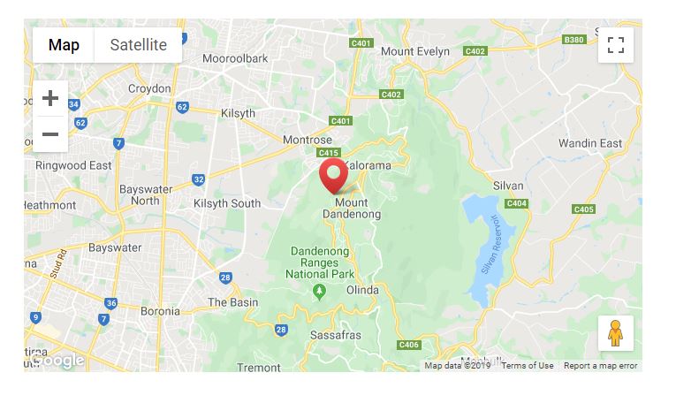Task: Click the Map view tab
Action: pos(64,45)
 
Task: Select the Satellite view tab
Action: pos(138,45)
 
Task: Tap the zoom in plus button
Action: pos(50,98)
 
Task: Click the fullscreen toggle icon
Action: pos(616,45)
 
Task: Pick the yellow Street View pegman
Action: pos(616,333)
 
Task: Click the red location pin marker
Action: pos(333,175)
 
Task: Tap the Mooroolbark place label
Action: pos(233,58)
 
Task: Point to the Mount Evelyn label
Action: pos(414,51)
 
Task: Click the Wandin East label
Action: pos(590,143)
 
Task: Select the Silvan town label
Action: pos(508,186)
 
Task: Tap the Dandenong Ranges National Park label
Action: pos(319,263)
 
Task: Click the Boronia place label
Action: pos(160,311)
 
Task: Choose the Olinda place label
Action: pos(362,290)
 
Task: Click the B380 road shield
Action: pos(573,40)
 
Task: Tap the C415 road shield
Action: pos(329,153)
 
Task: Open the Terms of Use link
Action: pos(528,366)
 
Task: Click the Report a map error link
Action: pos(600,366)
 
